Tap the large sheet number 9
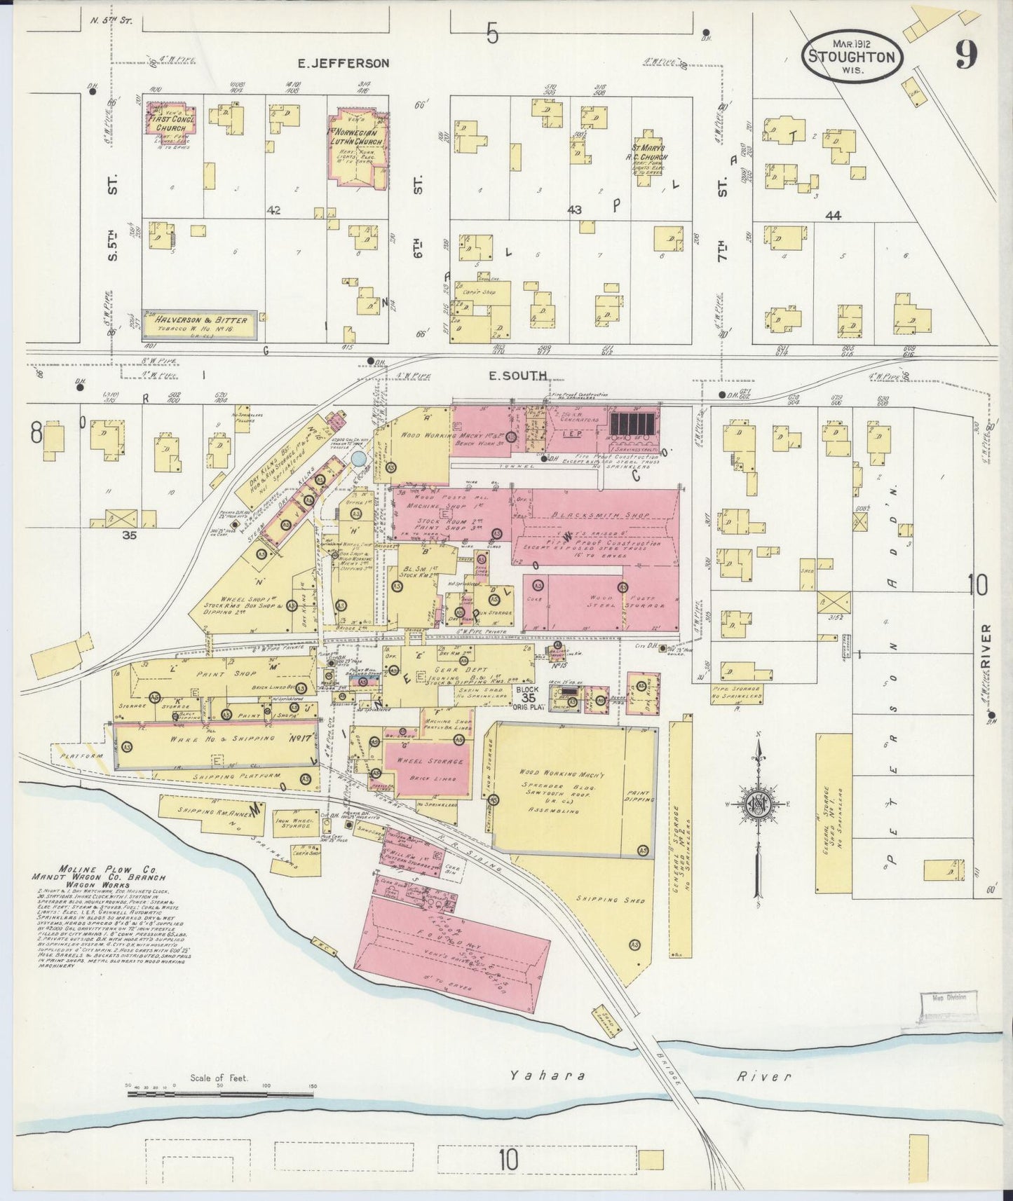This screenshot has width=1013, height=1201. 965,54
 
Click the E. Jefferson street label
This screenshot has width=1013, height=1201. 343,63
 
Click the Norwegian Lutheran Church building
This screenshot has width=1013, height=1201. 358,147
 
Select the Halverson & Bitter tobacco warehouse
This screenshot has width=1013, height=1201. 198,324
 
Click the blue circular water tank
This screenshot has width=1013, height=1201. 358,460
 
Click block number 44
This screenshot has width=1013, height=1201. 833,217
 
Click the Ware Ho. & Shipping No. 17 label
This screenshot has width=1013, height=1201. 210,739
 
